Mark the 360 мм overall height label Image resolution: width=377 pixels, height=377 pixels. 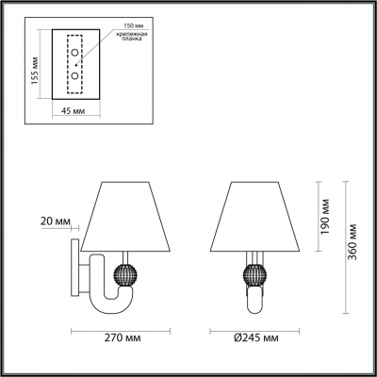point(351,247)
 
